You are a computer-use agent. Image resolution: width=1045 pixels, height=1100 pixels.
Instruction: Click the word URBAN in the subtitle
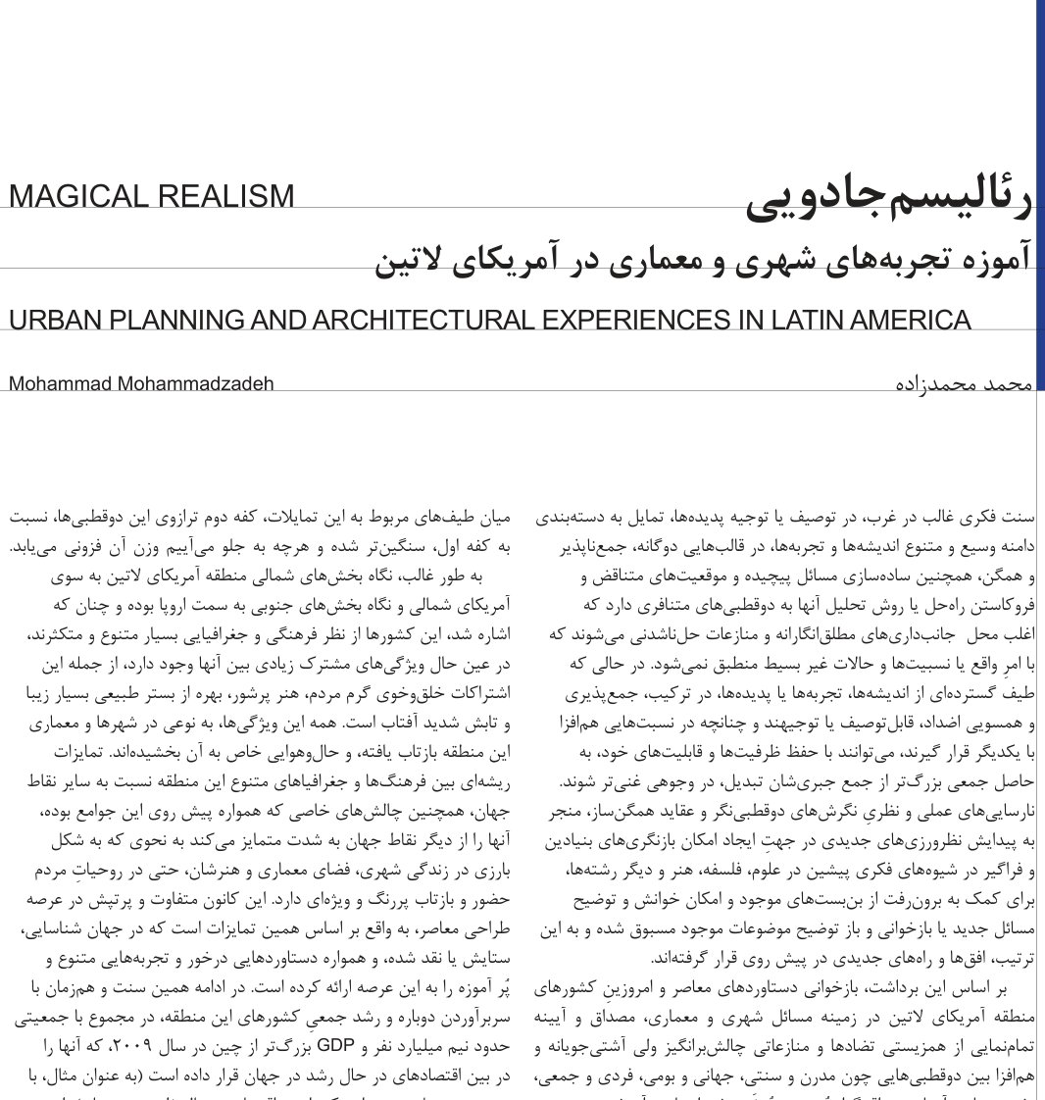click(x=53, y=321)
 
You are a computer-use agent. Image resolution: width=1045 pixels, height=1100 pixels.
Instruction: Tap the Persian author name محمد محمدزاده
click(x=965, y=383)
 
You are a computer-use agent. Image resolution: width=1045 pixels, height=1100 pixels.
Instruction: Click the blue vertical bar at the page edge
click(x=1040, y=196)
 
